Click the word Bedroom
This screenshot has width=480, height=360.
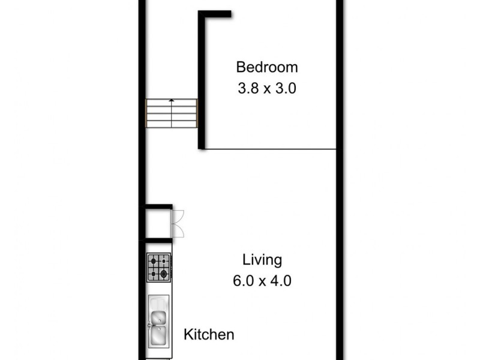coord(266,67)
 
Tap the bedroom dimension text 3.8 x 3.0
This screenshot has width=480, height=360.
coord(266,88)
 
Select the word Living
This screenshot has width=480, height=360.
coord(262,260)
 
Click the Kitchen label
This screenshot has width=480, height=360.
coord(209,335)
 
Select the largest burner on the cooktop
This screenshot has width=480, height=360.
coord(163,274)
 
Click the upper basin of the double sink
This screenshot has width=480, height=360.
coord(159,318)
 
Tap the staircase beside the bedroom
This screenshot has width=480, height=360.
coord(172,113)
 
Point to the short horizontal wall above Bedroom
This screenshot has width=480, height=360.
coord(215,14)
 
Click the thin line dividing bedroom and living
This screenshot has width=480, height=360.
coord(270,149)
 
